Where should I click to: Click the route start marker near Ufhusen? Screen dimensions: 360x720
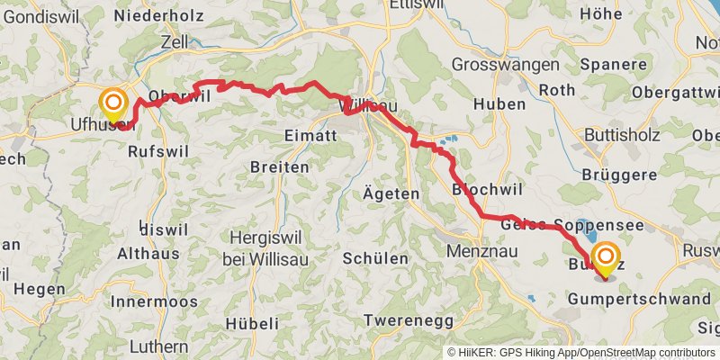114,104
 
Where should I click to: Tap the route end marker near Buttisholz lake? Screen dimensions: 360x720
604,258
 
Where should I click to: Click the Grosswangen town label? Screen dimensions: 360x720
496,65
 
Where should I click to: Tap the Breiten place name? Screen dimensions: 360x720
279,167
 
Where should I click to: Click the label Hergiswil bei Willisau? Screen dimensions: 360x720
270,243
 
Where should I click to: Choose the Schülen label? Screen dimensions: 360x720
375,258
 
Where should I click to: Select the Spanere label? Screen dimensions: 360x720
609,65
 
